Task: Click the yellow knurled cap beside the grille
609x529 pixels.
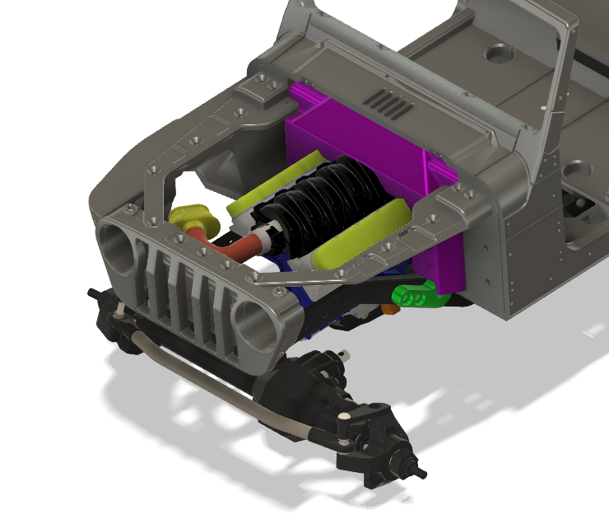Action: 194,218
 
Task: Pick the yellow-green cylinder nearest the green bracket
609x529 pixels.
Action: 362,235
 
